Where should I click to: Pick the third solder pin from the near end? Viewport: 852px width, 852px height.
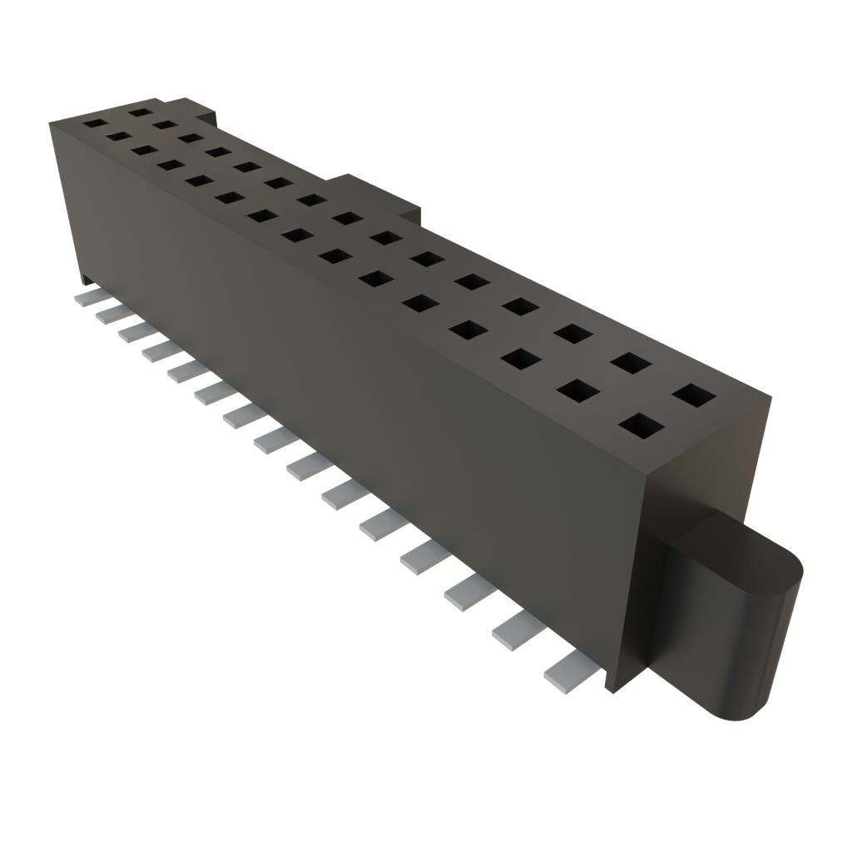468,592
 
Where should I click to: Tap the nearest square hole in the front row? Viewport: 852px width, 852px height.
641,426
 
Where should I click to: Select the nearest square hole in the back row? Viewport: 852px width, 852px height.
694,394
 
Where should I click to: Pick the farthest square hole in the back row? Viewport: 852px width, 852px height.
140,111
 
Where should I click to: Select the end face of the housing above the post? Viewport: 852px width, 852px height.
707,466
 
